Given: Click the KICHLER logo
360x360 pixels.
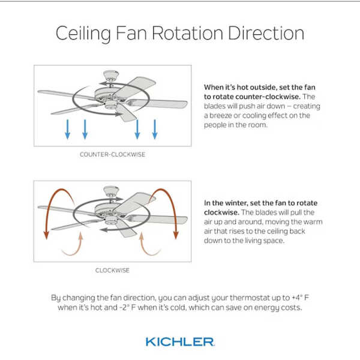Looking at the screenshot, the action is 180,341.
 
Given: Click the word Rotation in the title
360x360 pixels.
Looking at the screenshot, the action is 187,33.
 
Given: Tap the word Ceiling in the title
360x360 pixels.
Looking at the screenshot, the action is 83,34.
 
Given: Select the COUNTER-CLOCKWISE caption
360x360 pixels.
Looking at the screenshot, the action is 113,154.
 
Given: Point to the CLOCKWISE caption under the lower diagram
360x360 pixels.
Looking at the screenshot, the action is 113,270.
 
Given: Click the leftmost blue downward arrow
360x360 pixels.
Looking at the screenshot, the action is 67,129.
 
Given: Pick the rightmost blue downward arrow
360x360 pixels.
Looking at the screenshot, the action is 155,129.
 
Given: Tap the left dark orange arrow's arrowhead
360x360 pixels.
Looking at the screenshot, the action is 46,235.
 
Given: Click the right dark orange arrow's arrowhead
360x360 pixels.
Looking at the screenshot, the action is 176,235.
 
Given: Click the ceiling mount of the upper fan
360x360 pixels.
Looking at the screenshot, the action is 111,76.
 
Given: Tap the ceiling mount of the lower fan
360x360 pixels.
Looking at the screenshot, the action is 111,191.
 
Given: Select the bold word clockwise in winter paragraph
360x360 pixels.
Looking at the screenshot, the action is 221,212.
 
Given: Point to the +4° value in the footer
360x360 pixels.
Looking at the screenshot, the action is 297,298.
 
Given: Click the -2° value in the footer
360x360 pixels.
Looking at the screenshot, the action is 125,307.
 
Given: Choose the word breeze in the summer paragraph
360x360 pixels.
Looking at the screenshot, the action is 220,115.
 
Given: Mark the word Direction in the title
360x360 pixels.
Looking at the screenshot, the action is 266,33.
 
